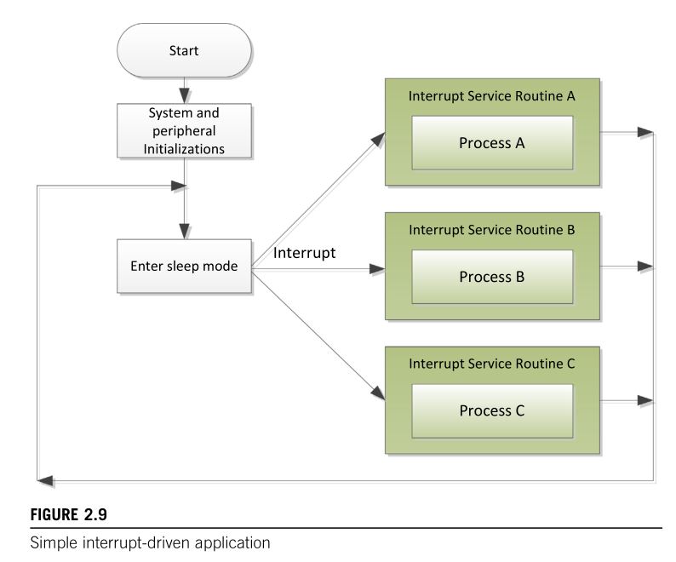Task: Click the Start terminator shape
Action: [x=184, y=50]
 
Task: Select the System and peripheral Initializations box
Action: [x=184, y=130]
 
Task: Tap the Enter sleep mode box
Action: [x=184, y=267]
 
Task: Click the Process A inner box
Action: [x=492, y=143]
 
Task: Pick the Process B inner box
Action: [x=492, y=277]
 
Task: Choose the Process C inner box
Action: [x=492, y=410]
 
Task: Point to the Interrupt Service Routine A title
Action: [x=492, y=95]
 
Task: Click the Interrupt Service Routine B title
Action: [x=492, y=230]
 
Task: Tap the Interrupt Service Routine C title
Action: [x=492, y=364]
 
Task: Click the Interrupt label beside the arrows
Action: [x=305, y=253]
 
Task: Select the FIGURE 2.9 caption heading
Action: [x=69, y=514]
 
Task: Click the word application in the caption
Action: [x=232, y=543]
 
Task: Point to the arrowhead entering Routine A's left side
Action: [x=379, y=140]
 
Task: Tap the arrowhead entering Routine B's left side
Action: [x=377, y=269]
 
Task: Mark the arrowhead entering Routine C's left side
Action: [x=378, y=393]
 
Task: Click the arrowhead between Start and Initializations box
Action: [x=184, y=95]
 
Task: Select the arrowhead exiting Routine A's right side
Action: [x=645, y=132]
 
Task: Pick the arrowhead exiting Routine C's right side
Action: [x=645, y=400]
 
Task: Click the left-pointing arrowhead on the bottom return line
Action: [x=45, y=480]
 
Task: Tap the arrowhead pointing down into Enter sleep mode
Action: [x=184, y=231]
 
